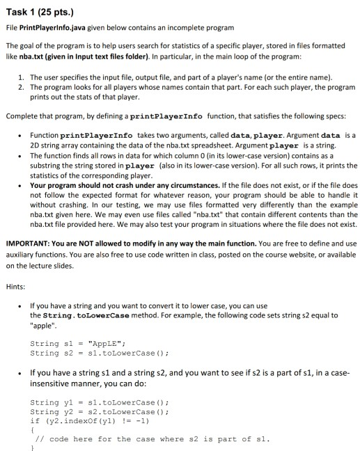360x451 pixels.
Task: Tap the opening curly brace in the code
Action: click(32, 429)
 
